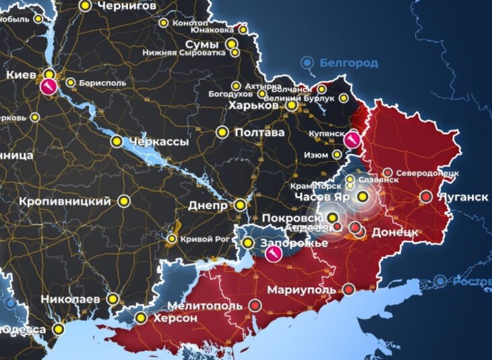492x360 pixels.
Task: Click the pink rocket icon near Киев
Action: click(x=48, y=86)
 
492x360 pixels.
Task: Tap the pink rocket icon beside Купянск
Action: click(x=351, y=140)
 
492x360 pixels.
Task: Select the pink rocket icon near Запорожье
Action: click(x=274, y=253)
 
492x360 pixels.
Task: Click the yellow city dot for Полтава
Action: click(x=222, y=132)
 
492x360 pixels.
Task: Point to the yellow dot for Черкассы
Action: click(x=117, y=142)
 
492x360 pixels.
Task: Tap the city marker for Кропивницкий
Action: click(x=124, y=201)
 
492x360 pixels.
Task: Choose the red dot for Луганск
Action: click(x=426, y=197)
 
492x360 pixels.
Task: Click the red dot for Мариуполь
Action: click(x=348, y=289)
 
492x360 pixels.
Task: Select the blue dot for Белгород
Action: click(x=307, y=63)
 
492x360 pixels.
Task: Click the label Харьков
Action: click(x=253, y=105)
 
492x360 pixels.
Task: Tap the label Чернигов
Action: click(x=127, y=5)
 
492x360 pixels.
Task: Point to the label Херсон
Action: click(x=175, y=318)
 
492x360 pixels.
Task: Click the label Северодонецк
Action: click(x=427, y=173)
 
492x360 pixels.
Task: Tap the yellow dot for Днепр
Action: click(x=240, y=205)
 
